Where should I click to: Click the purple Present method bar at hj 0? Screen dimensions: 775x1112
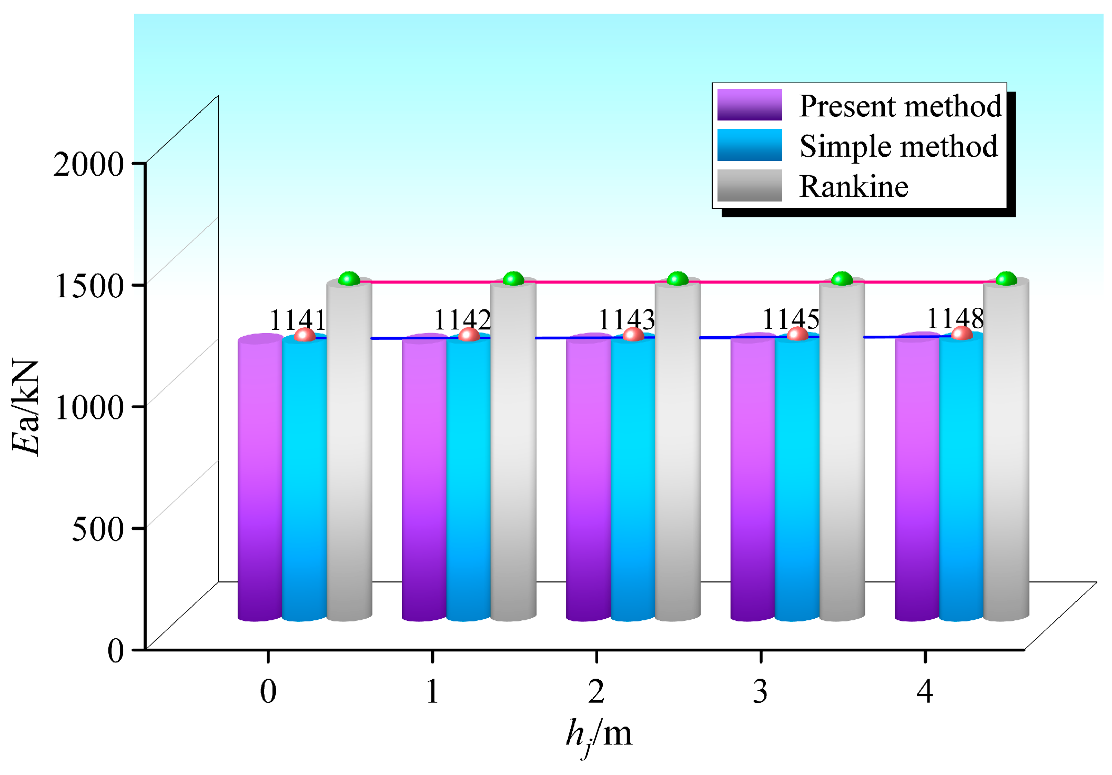tap(260, 479)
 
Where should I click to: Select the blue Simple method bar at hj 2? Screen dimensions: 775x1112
tap(633, 479)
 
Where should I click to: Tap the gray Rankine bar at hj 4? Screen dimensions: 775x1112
tap(1006, 452)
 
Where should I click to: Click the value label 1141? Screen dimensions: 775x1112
tap(298, 319)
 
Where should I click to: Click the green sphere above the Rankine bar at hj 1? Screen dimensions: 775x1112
tap(513, 278)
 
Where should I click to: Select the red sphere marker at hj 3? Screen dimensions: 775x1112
tap(797, 334)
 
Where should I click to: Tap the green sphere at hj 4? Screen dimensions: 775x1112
tap(1006, 278)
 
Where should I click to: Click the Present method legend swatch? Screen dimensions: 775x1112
tap(749, 105)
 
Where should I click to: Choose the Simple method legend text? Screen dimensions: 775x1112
tap(898, 146)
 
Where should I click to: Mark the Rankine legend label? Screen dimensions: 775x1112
tap(853, 186)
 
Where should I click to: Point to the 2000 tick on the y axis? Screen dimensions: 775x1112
tap(88, 164)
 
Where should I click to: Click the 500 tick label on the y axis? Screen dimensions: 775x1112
tap(97, 528)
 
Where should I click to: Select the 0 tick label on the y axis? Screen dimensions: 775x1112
tap(115, 650)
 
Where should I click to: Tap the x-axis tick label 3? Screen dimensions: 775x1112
tap(760, 691)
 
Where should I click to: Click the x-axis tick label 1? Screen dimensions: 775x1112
tap(432, 691)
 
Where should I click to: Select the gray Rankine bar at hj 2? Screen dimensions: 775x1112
tap(678, 452)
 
